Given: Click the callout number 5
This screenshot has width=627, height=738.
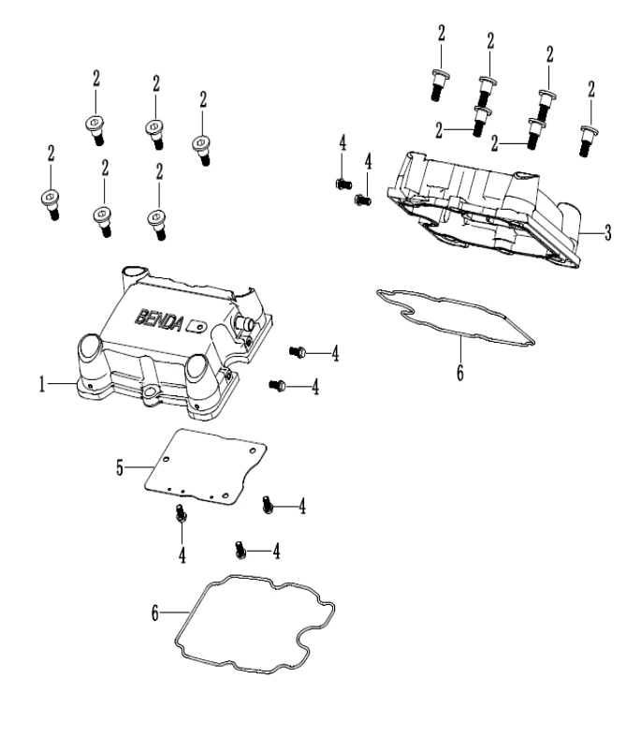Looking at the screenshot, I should [x=120, y=465].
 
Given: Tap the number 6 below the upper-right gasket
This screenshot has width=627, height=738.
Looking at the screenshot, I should [x=459, y=372].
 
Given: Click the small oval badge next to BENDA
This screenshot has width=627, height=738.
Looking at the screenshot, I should [x=196, y=325].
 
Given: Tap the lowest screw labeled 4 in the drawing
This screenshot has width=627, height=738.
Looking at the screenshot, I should [x=241, y=550].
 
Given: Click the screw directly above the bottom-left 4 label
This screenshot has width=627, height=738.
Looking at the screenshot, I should [x=181, y=513].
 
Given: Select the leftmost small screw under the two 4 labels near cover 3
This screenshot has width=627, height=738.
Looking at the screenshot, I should [x=342, y=183].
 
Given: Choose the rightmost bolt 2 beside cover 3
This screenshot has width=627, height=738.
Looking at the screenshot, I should [x=587, y=141].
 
